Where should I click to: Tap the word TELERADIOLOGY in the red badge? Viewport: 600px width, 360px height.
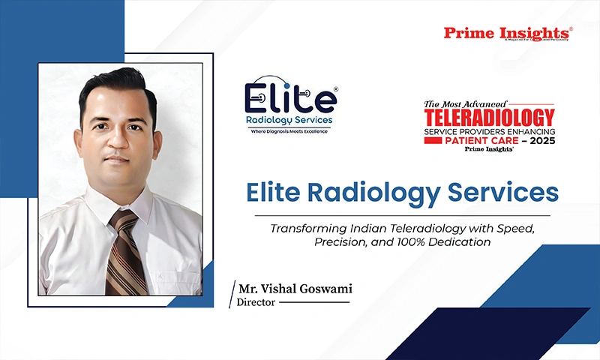[489, 117]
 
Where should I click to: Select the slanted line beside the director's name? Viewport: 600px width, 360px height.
[232, 295]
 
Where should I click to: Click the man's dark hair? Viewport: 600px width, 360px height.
[116, 82]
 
